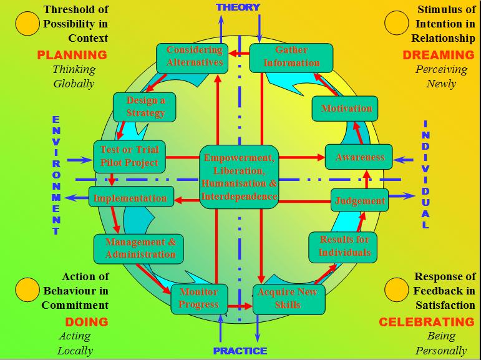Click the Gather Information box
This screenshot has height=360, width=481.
coord(291,57)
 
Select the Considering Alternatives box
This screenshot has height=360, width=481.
coord(195,56)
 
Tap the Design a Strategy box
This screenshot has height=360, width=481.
coord(145,107)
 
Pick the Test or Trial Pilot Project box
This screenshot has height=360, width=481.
coord(129,156)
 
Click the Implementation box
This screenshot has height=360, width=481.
coord(130,198)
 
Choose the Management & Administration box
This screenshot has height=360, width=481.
coord(140,248)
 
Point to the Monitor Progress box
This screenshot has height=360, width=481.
coord(198,298)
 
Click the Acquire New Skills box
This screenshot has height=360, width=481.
coord(288,299)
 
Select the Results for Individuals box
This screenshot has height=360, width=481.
coord(344,246)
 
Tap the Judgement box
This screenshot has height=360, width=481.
coord(359,201)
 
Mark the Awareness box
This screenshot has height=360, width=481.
coord(359,157)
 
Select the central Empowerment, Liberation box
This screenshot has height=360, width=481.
coord(239,177)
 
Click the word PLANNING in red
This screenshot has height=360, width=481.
coord(72,54)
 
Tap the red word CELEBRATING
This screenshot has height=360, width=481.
coord(427,322)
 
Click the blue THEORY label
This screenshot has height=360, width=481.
coord(238,7)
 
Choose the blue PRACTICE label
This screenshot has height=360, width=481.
coord(240,351)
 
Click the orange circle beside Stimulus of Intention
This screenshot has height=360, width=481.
coord(396,24)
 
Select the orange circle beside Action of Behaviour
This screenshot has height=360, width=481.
coord(27,289)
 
